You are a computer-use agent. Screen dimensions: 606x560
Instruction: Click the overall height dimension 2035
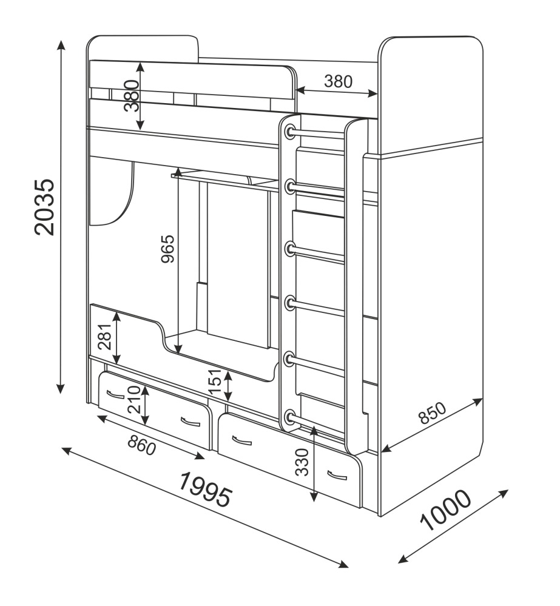click(46, 207)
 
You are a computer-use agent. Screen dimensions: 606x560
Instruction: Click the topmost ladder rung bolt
click(289, 130)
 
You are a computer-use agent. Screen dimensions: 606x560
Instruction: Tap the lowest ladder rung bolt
click(289, 417)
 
